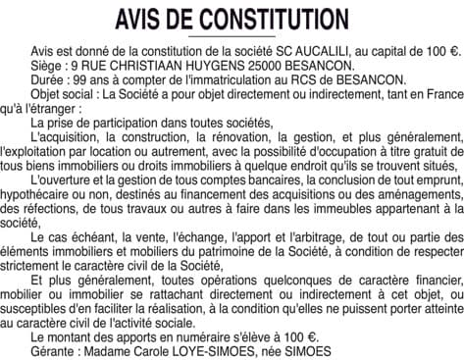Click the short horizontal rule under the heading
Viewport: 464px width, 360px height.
coord(232,36)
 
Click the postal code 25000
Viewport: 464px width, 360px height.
coord(264,63)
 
